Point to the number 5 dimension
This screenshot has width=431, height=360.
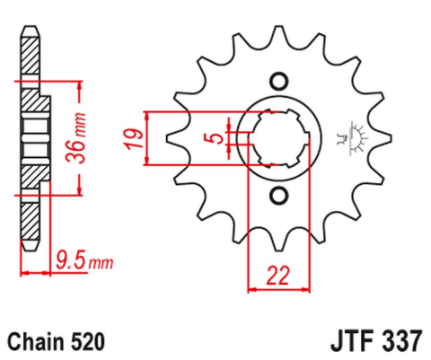coord(212,138)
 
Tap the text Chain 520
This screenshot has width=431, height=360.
coord(56,342)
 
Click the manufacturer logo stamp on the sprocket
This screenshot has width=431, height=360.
coord(344,137)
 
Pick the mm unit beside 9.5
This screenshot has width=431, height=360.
coord(101,264)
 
